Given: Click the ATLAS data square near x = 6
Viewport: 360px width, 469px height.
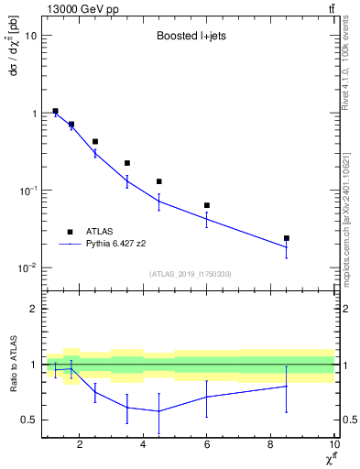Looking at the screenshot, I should click(207, 205).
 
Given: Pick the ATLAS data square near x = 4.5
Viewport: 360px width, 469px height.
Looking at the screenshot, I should click(159, 181).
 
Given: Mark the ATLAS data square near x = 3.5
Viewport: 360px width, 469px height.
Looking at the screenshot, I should click(127, 163).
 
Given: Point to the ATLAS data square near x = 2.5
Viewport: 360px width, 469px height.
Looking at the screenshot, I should click(95, 142).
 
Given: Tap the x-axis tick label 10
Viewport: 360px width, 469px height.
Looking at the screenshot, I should click(333, 445).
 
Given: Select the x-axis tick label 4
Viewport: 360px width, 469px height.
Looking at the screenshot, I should click(143, 445).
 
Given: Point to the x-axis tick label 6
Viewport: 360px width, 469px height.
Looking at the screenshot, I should click(207, 445).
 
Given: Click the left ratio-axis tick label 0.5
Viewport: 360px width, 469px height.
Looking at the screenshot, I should click(28, 420).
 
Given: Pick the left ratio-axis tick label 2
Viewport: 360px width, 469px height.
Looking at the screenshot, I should click(33, 309).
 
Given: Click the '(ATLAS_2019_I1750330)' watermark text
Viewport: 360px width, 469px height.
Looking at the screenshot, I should click(191, 274).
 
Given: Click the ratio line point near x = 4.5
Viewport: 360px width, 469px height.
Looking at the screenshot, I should click(159, 410).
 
